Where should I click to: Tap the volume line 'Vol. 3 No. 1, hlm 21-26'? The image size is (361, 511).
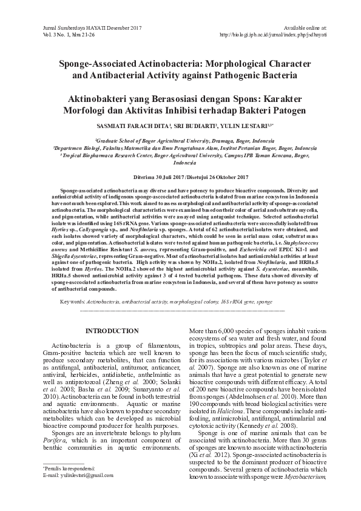[x=66, y=35]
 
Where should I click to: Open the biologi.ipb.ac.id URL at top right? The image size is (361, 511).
[x=273, y=35]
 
